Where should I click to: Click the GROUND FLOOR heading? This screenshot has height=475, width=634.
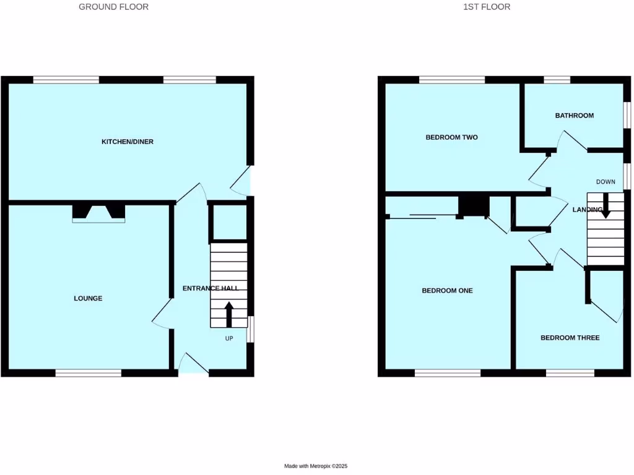click(x=113, y=7)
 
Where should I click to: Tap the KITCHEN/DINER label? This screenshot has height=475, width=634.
click(x=128, y=142)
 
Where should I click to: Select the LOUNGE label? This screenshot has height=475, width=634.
click(x=88, y=298)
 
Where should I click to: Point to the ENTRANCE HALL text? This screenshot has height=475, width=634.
click(x=211, y=288)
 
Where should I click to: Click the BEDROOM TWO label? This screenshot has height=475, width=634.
click(x=451, y=137)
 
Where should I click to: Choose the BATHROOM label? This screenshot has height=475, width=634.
click(x=574, y=116)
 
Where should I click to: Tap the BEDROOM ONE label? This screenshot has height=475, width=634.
click(x=447, y=290)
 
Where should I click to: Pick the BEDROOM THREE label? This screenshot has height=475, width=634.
click(x=570, y=338)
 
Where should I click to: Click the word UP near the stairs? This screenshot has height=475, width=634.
click(x=229, y=338)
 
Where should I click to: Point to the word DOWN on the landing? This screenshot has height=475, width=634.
click(x=606, y=182)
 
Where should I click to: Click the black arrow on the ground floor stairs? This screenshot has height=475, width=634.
click(x=228, y=314)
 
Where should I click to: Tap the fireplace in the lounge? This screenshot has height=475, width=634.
click(x=99, y=213)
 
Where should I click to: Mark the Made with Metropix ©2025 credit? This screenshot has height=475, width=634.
click(x=320, y=466)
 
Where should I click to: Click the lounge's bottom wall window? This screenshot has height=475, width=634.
click(x=89, y=373)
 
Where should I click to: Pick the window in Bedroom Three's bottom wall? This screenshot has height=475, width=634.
click(x=570, y=373)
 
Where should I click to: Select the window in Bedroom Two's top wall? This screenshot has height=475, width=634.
click(x=452, y=79)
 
